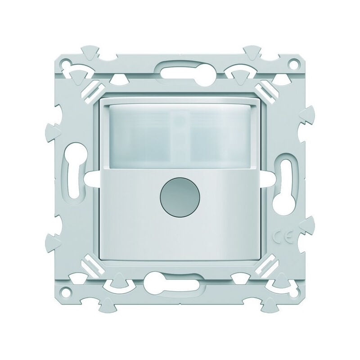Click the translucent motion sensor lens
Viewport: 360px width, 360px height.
(180, 138)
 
